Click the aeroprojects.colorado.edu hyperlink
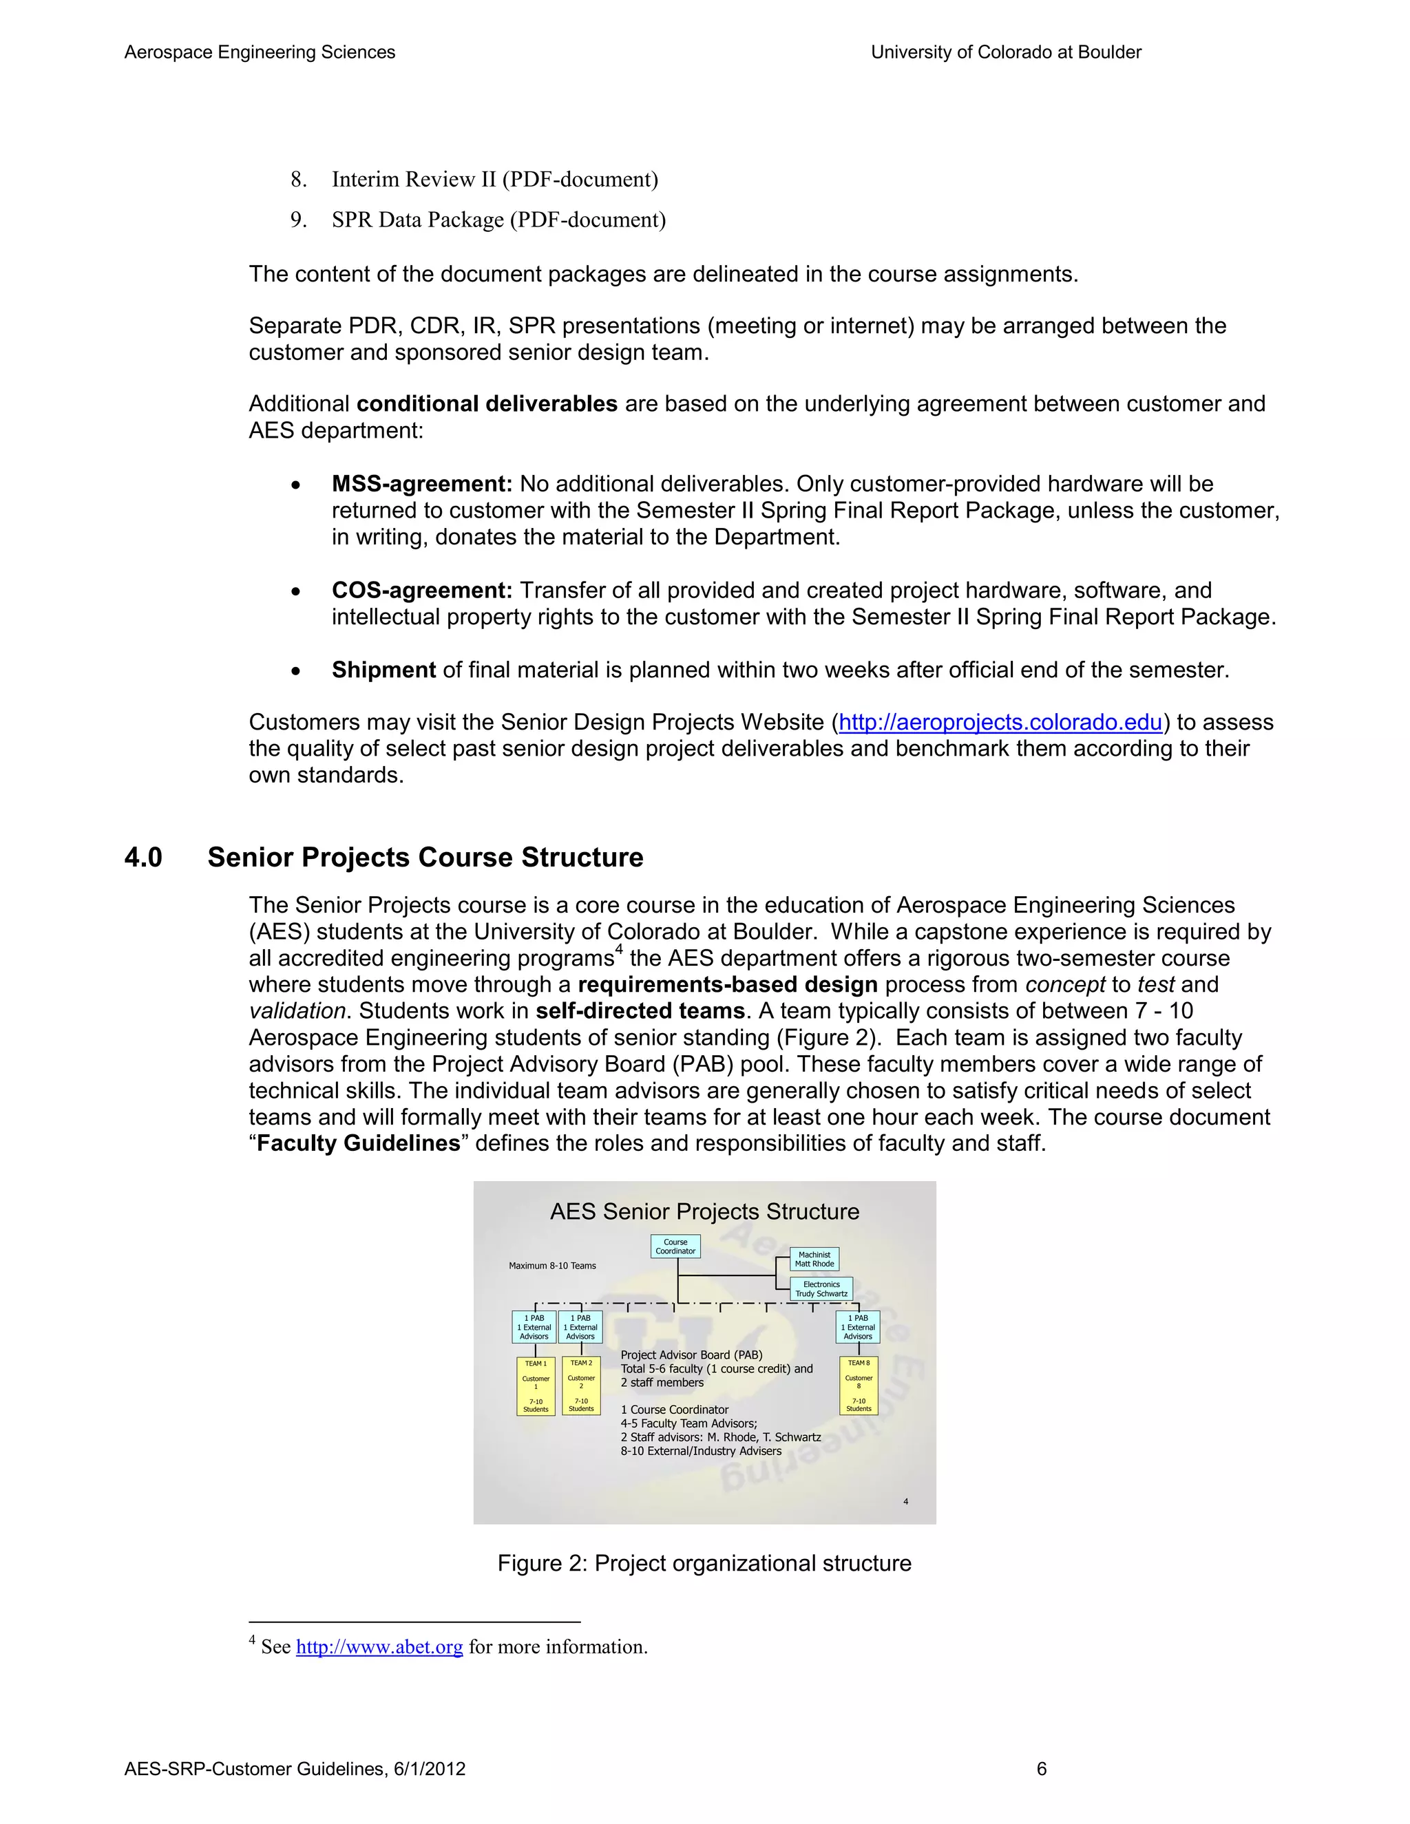pyautogui.click(x=1000, y=723)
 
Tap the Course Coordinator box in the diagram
pyautogui.click(x=675, y=1246)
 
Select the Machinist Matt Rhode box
pyautogui.click(x=814, y=1259)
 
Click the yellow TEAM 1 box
pyautogui.click(x=536, y=1386)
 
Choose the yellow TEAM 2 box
pyautogui.click(x=580, y=1386)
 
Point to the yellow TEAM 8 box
pyautogui.click(x=858, y=1386)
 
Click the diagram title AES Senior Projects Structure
pyautogui.click(x=704, y=1212)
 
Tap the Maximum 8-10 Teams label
pyautogui.click(x=552, y=1265)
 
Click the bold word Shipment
pyautogui.click(x=383, y=670)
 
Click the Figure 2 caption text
pyautogui.click(x=704, y=1563)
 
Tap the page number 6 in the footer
pyautogui.click(x=1041, y=1769)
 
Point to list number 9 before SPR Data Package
pyautogui.click(x=298, y=220)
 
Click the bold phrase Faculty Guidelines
pyautogui.click(x=358, y=1143)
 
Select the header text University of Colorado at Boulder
pyautogui.click(x=1006, y=52)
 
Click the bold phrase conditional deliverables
pyautogui.click(x=487, y=404)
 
